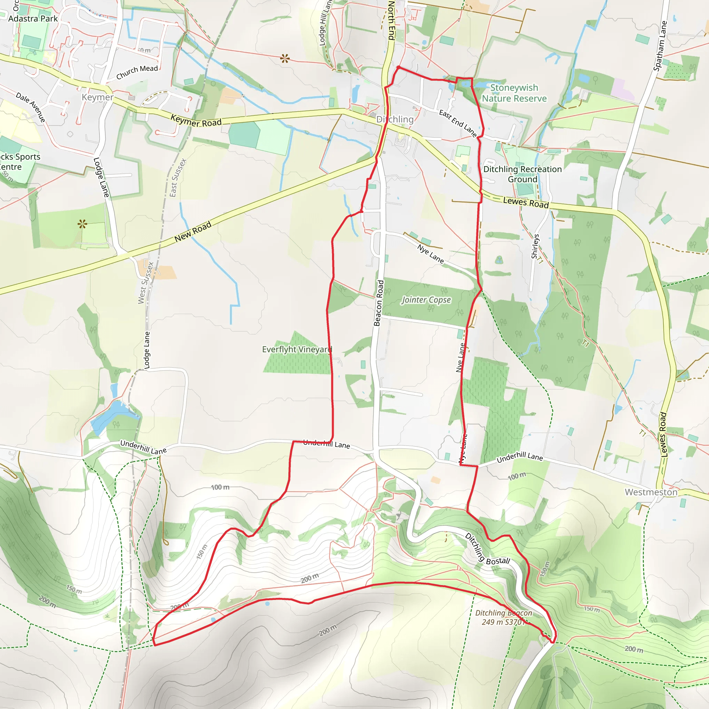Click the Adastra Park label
pos(33,19)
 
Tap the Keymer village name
pos(98,97)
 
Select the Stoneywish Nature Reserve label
pos(514,93)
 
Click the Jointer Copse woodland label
pos(426,300)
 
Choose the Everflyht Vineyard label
pos(297,349)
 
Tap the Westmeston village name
pos(651,492)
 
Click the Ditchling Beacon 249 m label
pos(503,617)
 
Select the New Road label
pos(193,232)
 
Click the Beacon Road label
pos(379,303)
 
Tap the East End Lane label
pos(458,123)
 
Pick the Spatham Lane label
pos(660,46)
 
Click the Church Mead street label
pos(137,72)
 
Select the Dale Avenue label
pos(31,107)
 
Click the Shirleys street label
pos(536,246)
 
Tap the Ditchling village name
pos(395,120)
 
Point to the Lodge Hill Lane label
pos(325,23)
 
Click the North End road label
pos(391,20)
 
